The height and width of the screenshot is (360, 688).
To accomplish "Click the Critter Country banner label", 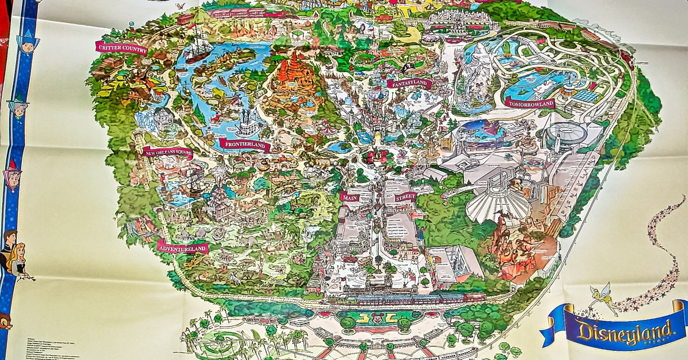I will pos(121,48).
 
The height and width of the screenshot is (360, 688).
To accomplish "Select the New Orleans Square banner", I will pos(167,153).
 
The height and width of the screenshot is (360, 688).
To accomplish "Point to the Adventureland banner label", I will pos(182,247).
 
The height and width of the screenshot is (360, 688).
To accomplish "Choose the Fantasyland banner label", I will pos(409,84).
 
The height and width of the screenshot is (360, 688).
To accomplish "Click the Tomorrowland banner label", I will pos(530,104).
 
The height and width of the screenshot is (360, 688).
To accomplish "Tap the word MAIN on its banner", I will pos(350,197).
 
